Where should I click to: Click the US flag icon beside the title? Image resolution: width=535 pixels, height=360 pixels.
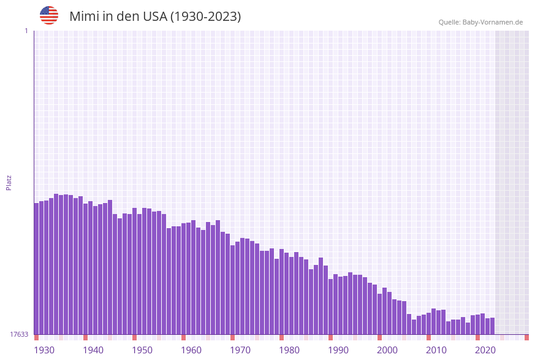[x=49, y=15]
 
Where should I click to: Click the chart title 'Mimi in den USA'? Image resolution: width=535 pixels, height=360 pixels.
[x=155, y=17]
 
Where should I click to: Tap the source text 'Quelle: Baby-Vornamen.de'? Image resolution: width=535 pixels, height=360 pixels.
[x=480, y=22]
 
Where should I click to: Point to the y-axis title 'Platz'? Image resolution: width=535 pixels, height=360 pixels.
[x=9, y=182]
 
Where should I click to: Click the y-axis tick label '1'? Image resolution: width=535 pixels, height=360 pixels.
[x=26, y=31]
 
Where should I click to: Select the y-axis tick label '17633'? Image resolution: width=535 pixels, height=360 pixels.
[x=19, y=334]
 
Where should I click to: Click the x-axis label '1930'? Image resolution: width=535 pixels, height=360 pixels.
[x=44, y=350]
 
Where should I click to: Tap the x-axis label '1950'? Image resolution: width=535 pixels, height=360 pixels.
[x=142, y=350]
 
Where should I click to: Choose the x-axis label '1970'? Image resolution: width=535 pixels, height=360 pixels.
[x=240, y=350]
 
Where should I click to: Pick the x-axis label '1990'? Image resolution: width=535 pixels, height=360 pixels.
[x=338, y=350]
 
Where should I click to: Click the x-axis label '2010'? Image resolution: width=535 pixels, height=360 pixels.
[x=436, y=350]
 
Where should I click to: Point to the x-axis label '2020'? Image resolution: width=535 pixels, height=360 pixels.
[x=485, y=350]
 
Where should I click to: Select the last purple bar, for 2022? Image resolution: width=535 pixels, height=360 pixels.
[x=492, y=326]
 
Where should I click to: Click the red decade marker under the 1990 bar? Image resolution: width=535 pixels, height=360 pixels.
[x=331, y=337]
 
